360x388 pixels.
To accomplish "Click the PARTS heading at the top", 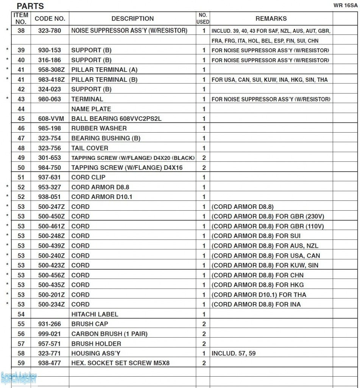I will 30,6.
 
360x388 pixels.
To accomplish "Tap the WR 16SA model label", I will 346,5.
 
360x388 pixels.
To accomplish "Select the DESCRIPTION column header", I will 132,19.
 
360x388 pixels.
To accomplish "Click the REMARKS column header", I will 271,19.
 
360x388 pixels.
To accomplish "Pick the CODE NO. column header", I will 50,19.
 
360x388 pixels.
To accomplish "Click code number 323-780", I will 50,31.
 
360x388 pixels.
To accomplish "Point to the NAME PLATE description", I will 91,109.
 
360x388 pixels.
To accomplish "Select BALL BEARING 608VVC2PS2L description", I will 116,119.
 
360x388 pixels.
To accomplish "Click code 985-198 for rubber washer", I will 50,128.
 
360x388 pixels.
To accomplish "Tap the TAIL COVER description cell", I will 90,148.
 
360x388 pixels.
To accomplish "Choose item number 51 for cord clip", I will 21,177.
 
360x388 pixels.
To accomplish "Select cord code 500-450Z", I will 51,216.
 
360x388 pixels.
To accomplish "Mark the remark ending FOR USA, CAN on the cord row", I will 266,256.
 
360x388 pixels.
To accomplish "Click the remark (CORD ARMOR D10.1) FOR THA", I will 259,295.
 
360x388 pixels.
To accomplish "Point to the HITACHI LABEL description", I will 95,314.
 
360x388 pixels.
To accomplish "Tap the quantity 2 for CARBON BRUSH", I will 204,334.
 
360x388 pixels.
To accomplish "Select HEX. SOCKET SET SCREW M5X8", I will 120,363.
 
